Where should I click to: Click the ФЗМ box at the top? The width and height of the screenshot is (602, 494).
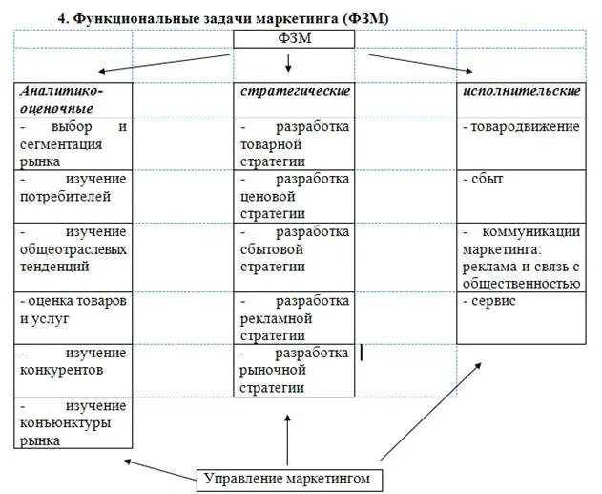pyautogui.click(x=294, y=38)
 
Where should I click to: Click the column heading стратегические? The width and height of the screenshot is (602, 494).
pyautogui.click(x=294, y=91)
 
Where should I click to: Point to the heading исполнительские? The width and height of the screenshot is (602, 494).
pyautogui.click(x=522, y=91)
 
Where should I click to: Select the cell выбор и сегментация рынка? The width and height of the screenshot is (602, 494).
pyautogui.click(x=73, y=143)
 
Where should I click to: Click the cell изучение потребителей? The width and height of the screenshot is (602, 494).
pyautogui.click(x=73, y=188)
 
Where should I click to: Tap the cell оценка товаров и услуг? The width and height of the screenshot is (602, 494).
pyautogui.click(x=73, y=311)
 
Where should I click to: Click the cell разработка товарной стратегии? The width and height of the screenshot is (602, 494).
pyautogui.click(x=294, y=143)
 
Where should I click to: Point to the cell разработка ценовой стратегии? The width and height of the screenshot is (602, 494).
pyautogui.click(x=294, y=196)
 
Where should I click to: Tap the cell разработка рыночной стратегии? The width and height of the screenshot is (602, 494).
pyautogui.click(x=294, y=371)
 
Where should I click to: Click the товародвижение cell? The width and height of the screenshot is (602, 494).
pyautogui.click(x=522, y=127)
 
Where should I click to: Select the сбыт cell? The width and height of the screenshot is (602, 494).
pyautogui.click(x=522, y=180)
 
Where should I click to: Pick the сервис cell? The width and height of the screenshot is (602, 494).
pyautogui.click(x=522, y=302)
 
